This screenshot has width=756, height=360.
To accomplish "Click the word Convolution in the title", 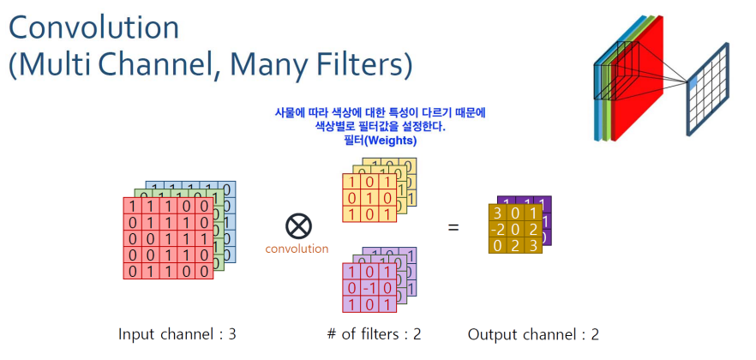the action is click(x=94, y=27).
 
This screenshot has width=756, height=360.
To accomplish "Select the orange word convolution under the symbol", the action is click(x=297, y=249).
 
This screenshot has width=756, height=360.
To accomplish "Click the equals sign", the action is click(x=453, y=227).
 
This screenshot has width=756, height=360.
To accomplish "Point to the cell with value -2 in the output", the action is click(x=498, y=229).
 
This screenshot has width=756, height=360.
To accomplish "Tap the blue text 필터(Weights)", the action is click(x=381, y=141).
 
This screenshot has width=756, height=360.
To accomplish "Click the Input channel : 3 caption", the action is click(x=177, y=333).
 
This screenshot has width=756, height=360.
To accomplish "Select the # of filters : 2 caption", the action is click(x=376, y=333).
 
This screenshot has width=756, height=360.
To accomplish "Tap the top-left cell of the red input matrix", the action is click(x=132, y=207).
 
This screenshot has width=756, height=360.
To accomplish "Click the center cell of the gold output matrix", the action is click(x=514, y=229).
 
